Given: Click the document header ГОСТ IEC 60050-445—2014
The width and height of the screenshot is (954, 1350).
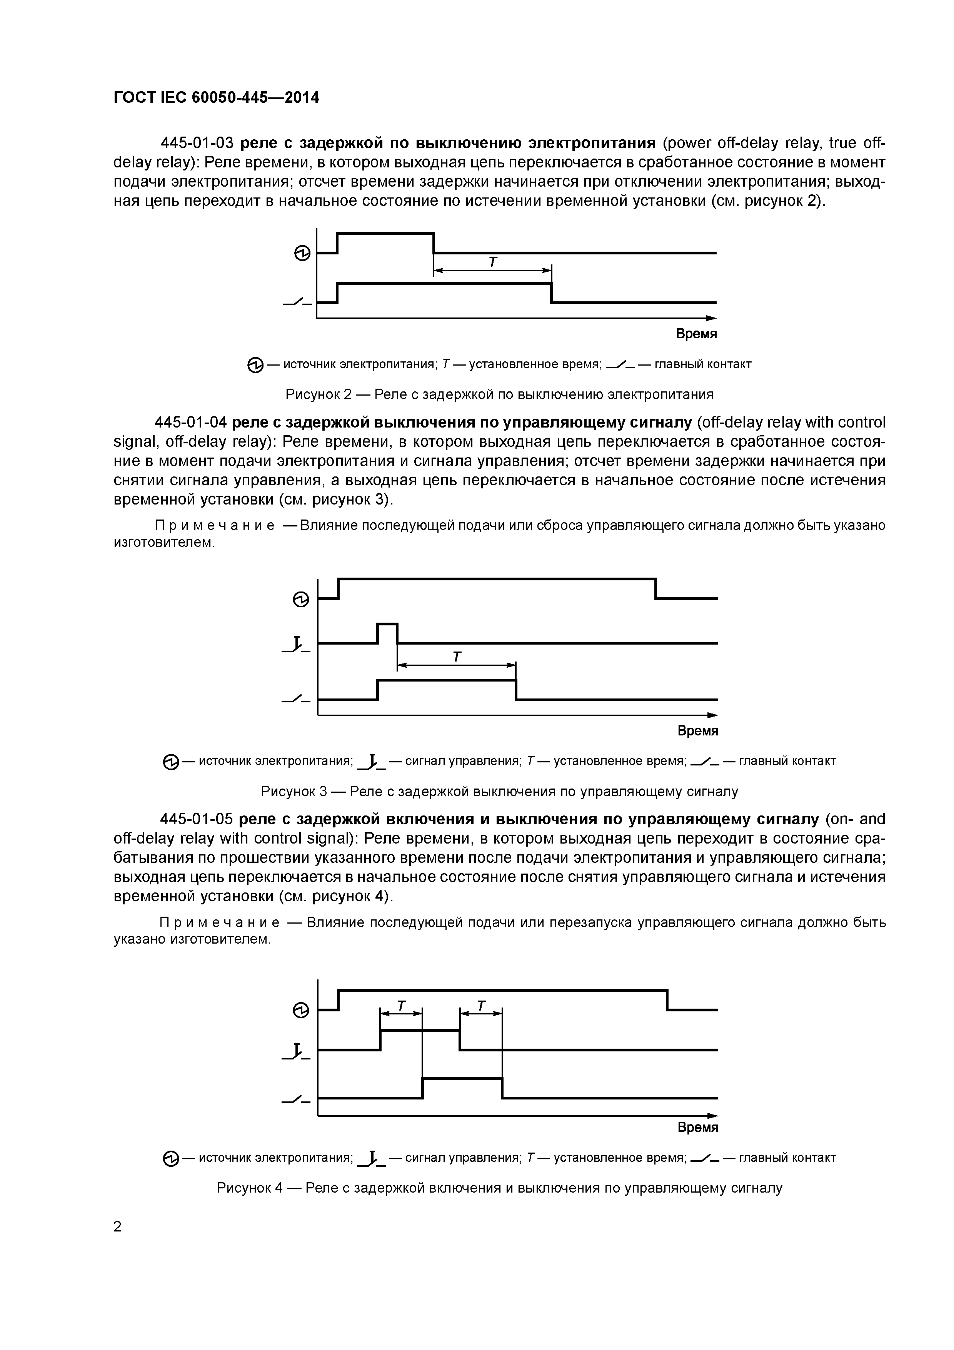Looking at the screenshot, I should coord(216,98).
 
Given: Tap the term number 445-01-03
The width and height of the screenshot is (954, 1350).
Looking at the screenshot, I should coord(197,143).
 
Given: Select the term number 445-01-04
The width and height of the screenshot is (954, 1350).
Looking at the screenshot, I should coord(190,423).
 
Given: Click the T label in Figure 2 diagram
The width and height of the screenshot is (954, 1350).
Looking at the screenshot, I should coord(492,262).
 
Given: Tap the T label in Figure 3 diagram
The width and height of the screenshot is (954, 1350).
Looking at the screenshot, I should coord(457,657).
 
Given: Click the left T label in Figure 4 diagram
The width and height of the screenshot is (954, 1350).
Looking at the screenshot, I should coord(402,1006).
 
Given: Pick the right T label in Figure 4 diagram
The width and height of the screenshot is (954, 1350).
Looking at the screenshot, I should coord(481,1006).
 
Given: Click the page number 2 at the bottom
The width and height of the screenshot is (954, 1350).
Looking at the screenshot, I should coord(118,1226).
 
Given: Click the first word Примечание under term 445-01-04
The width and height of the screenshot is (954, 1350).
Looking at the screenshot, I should coord(215,525).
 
